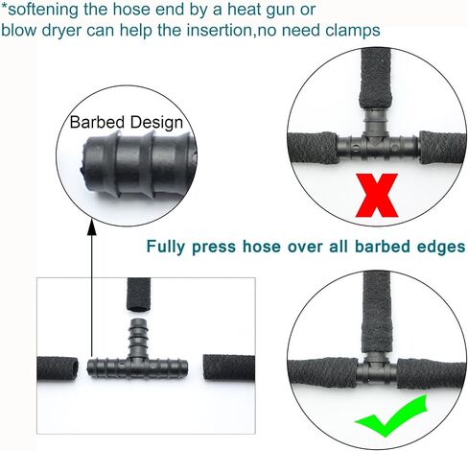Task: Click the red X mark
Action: click(x=377, y=195)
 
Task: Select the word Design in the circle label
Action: click(x=156, y=123)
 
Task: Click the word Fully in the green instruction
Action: click(x=166, y=247)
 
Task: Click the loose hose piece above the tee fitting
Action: click(x=138, y=295)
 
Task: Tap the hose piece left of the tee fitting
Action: click(x=58, y=368)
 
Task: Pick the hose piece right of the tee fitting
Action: click(x=229, y=368)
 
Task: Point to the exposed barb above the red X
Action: click(x=376, y=122)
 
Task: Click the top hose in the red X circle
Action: click(x=376, y=79)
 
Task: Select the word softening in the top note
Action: click(x=43, y=10)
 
